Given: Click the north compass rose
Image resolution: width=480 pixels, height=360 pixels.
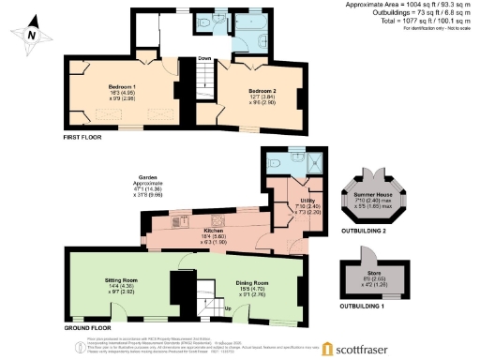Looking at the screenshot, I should [x=33, y=32].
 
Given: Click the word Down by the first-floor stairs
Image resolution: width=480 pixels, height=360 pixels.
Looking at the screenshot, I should [x=203, y=58].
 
